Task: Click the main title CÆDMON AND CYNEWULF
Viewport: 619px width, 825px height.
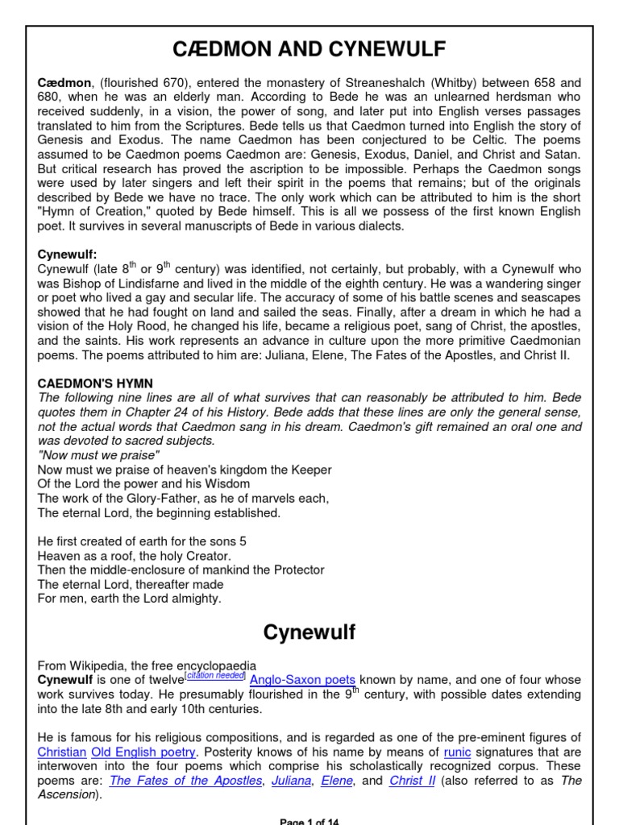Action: coord(309,51)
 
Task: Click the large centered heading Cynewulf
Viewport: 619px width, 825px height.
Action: coord(309,632)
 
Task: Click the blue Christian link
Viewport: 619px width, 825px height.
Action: coord(61,752)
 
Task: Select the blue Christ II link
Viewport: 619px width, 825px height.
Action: coord(412,781)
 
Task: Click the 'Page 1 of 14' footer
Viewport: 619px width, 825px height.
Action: coord(309,821)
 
